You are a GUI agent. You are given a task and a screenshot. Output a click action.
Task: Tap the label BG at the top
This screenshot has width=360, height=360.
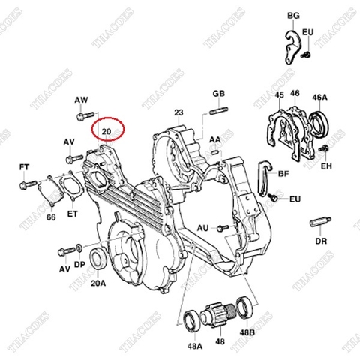click(292, 16)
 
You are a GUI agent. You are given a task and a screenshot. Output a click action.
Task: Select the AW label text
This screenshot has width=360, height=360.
click(82, 100)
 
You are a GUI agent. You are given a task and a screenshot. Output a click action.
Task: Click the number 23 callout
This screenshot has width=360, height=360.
click(178, 112)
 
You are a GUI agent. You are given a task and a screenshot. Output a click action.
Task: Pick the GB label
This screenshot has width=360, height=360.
click(219, 93)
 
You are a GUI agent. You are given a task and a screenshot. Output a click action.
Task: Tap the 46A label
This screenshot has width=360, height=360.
click(320, 97)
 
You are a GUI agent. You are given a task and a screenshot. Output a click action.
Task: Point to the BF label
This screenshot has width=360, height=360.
click(283, 172)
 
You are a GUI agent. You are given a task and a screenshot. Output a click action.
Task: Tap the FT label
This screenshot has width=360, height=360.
click(24, 165)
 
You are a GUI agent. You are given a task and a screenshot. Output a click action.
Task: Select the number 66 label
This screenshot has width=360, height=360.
click(51, 217)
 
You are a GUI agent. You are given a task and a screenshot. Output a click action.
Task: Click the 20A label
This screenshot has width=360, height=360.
click(97, 285)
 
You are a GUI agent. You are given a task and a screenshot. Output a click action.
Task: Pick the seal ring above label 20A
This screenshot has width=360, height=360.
click(97, 260)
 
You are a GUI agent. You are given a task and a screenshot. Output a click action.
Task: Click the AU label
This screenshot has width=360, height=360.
click(202, 226)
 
